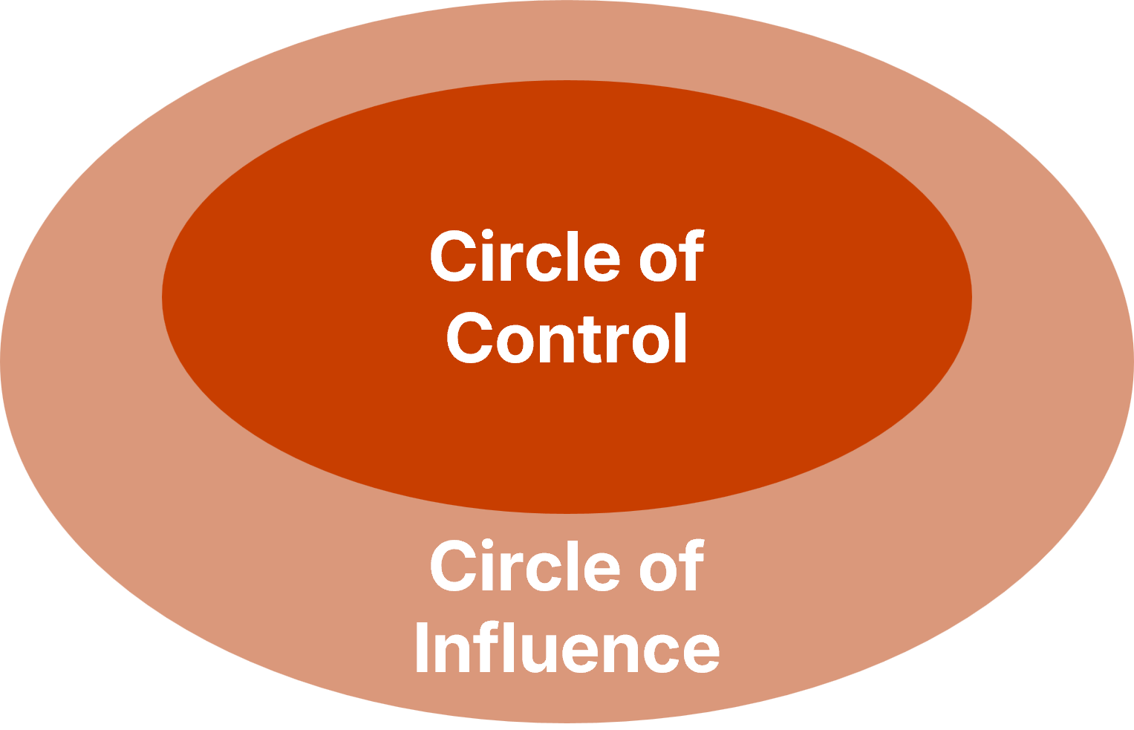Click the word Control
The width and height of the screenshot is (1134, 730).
tap(567, 339)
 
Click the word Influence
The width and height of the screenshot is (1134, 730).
tap(567, 648)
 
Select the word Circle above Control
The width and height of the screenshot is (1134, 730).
tap(525, 257)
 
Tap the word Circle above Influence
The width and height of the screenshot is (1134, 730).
tap(525, 567)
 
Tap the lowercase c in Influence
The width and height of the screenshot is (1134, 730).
tap(661, 654)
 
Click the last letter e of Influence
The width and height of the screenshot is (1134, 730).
tap(699, 654)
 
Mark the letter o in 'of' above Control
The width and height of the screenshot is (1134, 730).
tap(658, 261)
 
